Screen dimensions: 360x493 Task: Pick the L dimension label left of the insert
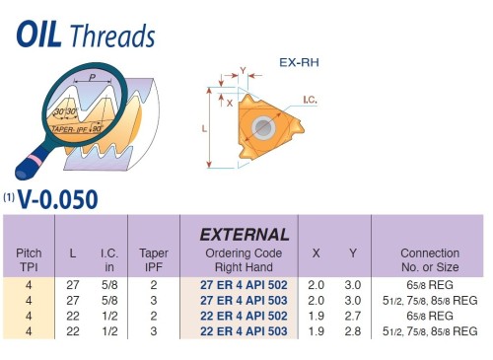click(x=202, y=128)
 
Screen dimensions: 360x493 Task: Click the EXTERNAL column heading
click(x=245, y=235)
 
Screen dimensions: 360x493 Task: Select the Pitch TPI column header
click(x=29, y=259)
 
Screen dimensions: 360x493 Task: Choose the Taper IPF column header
click(x=154, y=259)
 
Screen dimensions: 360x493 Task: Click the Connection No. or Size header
click(x=429, y=259)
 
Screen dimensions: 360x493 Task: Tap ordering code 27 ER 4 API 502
click(x=245, y=284)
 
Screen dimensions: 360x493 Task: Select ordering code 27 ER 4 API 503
click(x=245, y=300)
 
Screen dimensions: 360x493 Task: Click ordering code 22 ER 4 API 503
click(x=245, y=331)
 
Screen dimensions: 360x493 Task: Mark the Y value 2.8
click(x=352, y=331)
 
